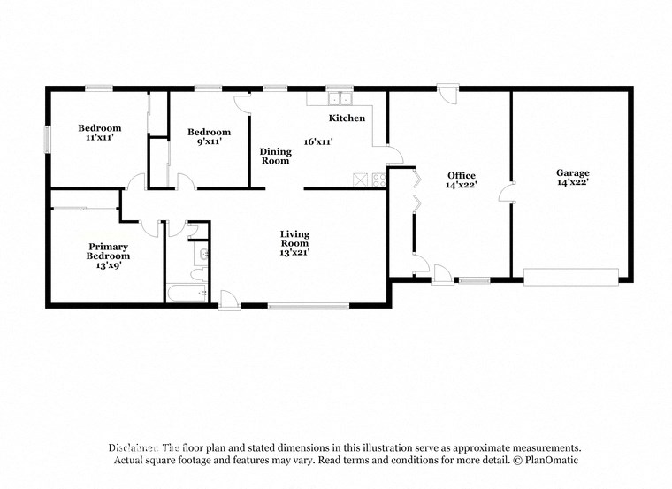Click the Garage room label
coord(572,172)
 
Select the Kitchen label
coord(347,118)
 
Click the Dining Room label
coord(275,157)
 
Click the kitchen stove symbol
coord(379,180)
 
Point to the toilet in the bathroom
coord(202,255)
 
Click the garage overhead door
coord(571,277)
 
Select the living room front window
coord(295,306)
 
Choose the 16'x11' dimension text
coord(318,141)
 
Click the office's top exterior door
coord(447,93)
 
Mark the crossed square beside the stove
coord(361,180)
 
